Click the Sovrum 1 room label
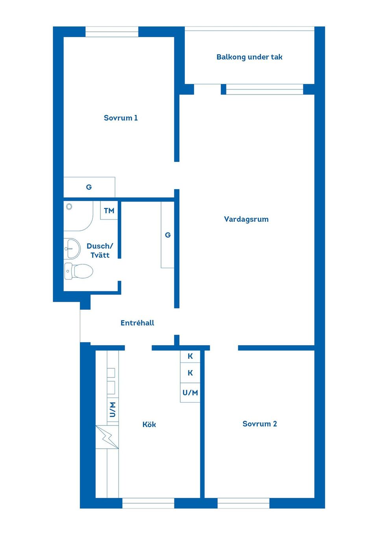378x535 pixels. point(121,118)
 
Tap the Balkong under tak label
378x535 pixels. point(249,57)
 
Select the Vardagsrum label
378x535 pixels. point(246,219)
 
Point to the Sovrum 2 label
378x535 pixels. point(259,424)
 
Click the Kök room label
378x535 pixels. point(149,424)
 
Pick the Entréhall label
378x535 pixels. point(137,323)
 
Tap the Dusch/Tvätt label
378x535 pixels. point(100,251)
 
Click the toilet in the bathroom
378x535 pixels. point(78,271)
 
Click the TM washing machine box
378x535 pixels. point(109,210)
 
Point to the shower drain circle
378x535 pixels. point(69,206)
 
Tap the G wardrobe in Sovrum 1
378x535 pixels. point(89,187)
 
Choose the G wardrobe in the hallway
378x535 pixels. point(167,235)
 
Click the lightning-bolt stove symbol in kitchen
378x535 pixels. point(107,437)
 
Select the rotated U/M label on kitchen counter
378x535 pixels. point(113,409)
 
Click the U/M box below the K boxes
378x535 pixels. point(190,393)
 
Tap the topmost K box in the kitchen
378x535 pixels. point(190,357)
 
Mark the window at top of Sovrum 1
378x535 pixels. point(112,32)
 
